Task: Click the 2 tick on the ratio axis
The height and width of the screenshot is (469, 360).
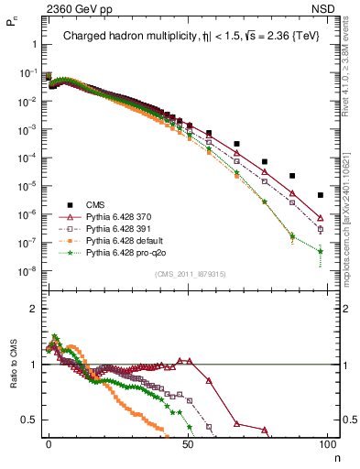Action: pos(33,309)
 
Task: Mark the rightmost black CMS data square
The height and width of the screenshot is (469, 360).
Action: pos(321,195)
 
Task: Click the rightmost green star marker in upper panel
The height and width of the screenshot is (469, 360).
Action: pos(321,250)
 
